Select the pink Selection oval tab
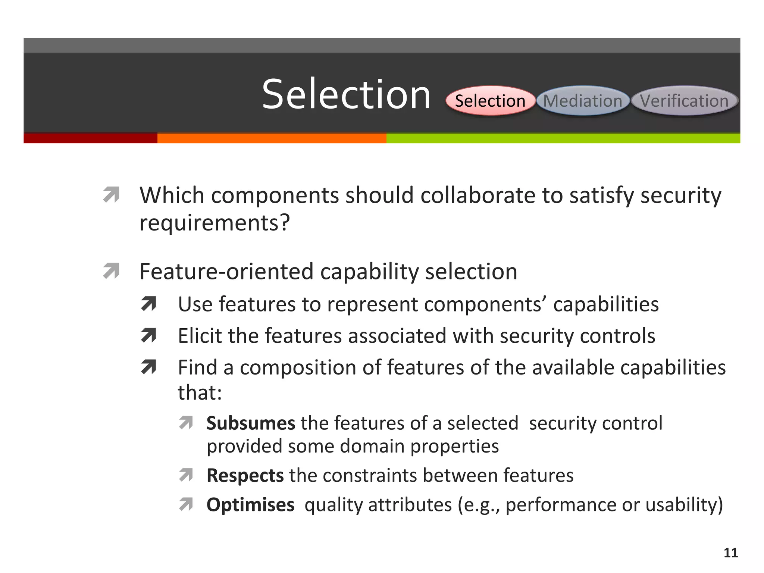(490, 101)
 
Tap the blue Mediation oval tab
(583, 101)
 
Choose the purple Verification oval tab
(684, 101)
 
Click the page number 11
(730, 552)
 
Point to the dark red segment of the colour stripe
(90, 138)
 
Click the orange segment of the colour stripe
(272, 138)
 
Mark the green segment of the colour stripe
(563, 138)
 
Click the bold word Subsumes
(251, 423)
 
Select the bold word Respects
(245, 475)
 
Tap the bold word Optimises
(250, 505)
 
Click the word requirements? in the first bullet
(215, 223)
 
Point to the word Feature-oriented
(226, 271)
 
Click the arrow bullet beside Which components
(111, 195)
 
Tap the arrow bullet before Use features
(148, 304)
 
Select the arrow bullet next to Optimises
(186, 504)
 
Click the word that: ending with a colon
(200, 392)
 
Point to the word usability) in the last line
(684, 505)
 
